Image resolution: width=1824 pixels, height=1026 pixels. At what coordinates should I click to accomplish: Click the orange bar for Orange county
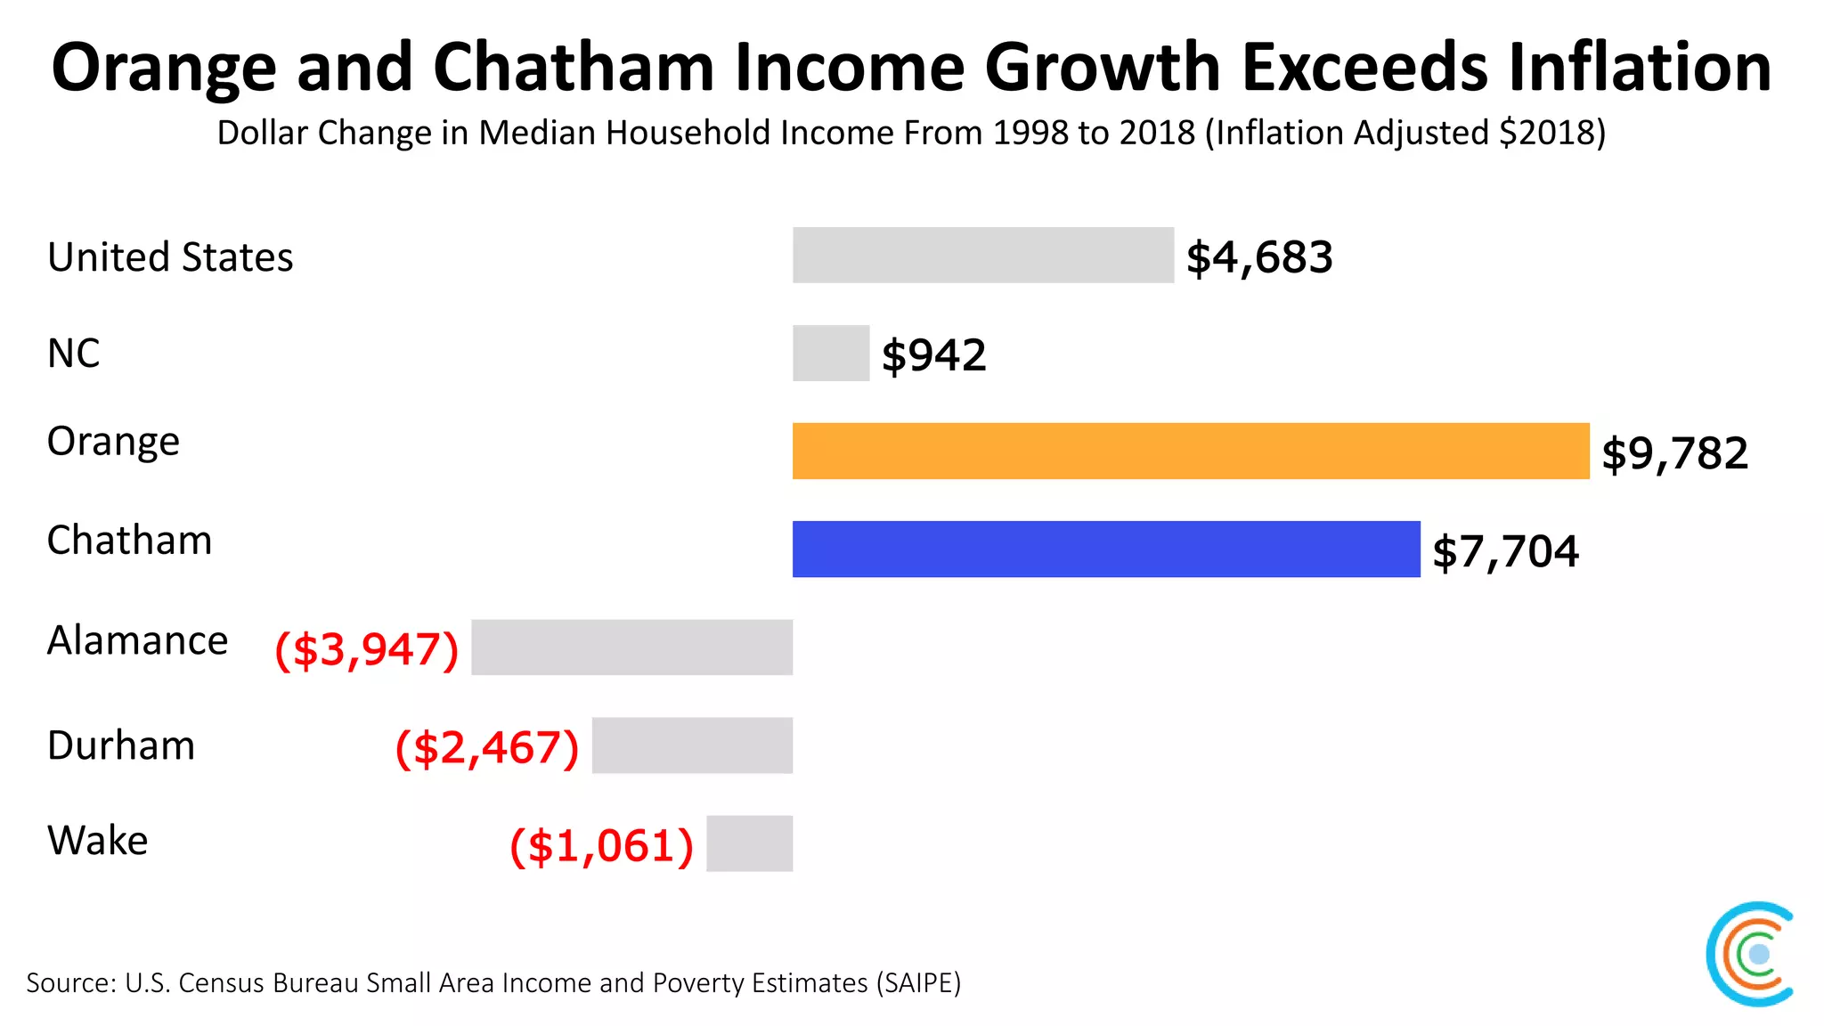click(x=1190, y=452)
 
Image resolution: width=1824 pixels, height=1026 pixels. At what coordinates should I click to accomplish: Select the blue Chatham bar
click(x=1105, y=550)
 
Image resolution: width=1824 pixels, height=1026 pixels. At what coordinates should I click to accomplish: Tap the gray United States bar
click(x=982, y=256)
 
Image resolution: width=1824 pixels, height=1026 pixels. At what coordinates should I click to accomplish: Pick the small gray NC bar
click(x=830, y=354)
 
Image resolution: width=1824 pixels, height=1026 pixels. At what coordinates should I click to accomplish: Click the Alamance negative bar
click(x=631, y=647)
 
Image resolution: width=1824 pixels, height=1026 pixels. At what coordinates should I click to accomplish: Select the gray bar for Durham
click(x=692, y=745)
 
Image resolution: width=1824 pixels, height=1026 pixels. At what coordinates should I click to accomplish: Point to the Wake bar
click(x=749, y=843)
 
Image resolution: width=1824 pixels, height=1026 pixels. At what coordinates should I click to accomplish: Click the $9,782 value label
click(x=1674, y=453)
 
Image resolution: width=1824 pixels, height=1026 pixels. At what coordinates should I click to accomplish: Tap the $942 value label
click(x=933, y=355)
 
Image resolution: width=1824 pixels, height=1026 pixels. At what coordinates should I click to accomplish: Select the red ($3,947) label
click(x=367, y=649)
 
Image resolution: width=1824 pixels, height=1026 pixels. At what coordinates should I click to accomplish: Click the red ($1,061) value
click(x=601, y=845)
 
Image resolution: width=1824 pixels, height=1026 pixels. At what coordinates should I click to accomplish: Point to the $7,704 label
click(x=1505, y=551)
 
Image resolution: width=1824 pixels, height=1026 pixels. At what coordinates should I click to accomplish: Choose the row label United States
click(x=170, y=257)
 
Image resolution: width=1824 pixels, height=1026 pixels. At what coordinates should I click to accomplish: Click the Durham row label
click(x=121, y=745)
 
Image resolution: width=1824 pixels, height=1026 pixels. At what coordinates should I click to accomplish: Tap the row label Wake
click(x=98, y=841)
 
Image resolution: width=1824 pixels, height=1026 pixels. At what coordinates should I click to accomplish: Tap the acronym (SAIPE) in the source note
click(x=918, y=983)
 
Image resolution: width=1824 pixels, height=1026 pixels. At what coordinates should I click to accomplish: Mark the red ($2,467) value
click(x=487, y=747)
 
